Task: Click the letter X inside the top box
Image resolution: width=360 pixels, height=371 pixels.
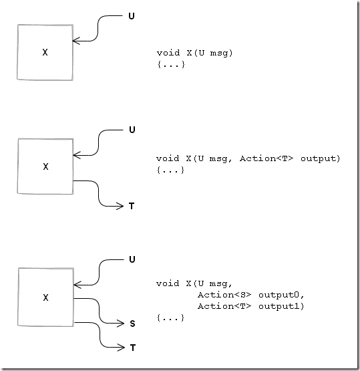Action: [45, 52]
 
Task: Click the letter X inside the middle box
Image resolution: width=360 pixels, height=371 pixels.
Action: [45, 166]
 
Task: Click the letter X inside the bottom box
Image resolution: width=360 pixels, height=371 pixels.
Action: [45, 297]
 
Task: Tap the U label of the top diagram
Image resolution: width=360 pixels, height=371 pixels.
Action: [132, 16]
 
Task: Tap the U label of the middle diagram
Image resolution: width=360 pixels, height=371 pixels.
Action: [132, 130]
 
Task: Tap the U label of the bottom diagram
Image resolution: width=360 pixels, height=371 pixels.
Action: [132, 259]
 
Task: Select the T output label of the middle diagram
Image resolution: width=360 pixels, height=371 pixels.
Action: [132, 206]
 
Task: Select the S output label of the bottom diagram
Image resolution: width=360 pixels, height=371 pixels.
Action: [132, 324]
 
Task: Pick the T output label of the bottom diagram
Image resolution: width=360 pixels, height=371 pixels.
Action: [133, 348]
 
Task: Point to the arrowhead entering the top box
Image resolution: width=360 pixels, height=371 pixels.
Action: [76, 41]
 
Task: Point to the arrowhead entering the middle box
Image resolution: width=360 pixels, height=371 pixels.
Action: [77, 155]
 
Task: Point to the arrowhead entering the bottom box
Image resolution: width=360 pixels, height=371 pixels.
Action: [77, 285]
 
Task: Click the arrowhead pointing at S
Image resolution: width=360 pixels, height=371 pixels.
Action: [120, 324]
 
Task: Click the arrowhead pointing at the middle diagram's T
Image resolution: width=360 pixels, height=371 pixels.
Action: [120, 206]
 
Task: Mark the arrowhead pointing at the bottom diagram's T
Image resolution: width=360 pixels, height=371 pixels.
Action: [121, 348]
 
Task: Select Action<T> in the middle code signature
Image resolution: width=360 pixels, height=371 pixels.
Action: [266, 158]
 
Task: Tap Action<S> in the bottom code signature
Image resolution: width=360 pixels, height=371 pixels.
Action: [224, 295]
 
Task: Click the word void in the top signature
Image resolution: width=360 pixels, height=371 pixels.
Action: [168, 53]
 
